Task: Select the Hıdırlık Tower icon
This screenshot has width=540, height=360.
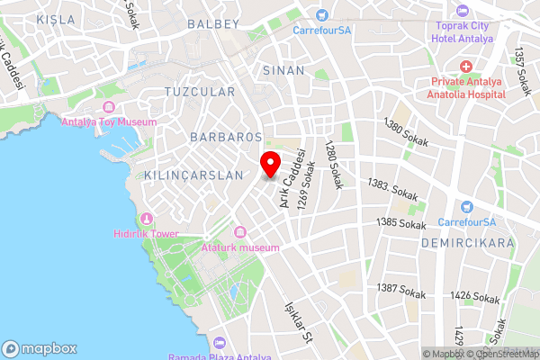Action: point(146,218)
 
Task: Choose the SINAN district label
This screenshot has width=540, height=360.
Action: point(278,69)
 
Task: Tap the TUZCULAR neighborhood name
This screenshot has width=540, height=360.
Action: point(200,92)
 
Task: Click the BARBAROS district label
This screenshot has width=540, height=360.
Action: point(226,137)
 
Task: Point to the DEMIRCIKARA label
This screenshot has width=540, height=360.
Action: point(467,243)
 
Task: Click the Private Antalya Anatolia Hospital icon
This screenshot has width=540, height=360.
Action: point(465,67)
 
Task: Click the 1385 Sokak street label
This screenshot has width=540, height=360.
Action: point(401,223)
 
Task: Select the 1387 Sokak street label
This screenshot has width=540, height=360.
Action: point(401,290)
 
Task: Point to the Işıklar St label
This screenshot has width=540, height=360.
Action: point(297,323)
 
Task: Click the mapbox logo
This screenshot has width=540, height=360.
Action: point(40,348)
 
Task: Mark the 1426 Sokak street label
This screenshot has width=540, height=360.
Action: point(474,296)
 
